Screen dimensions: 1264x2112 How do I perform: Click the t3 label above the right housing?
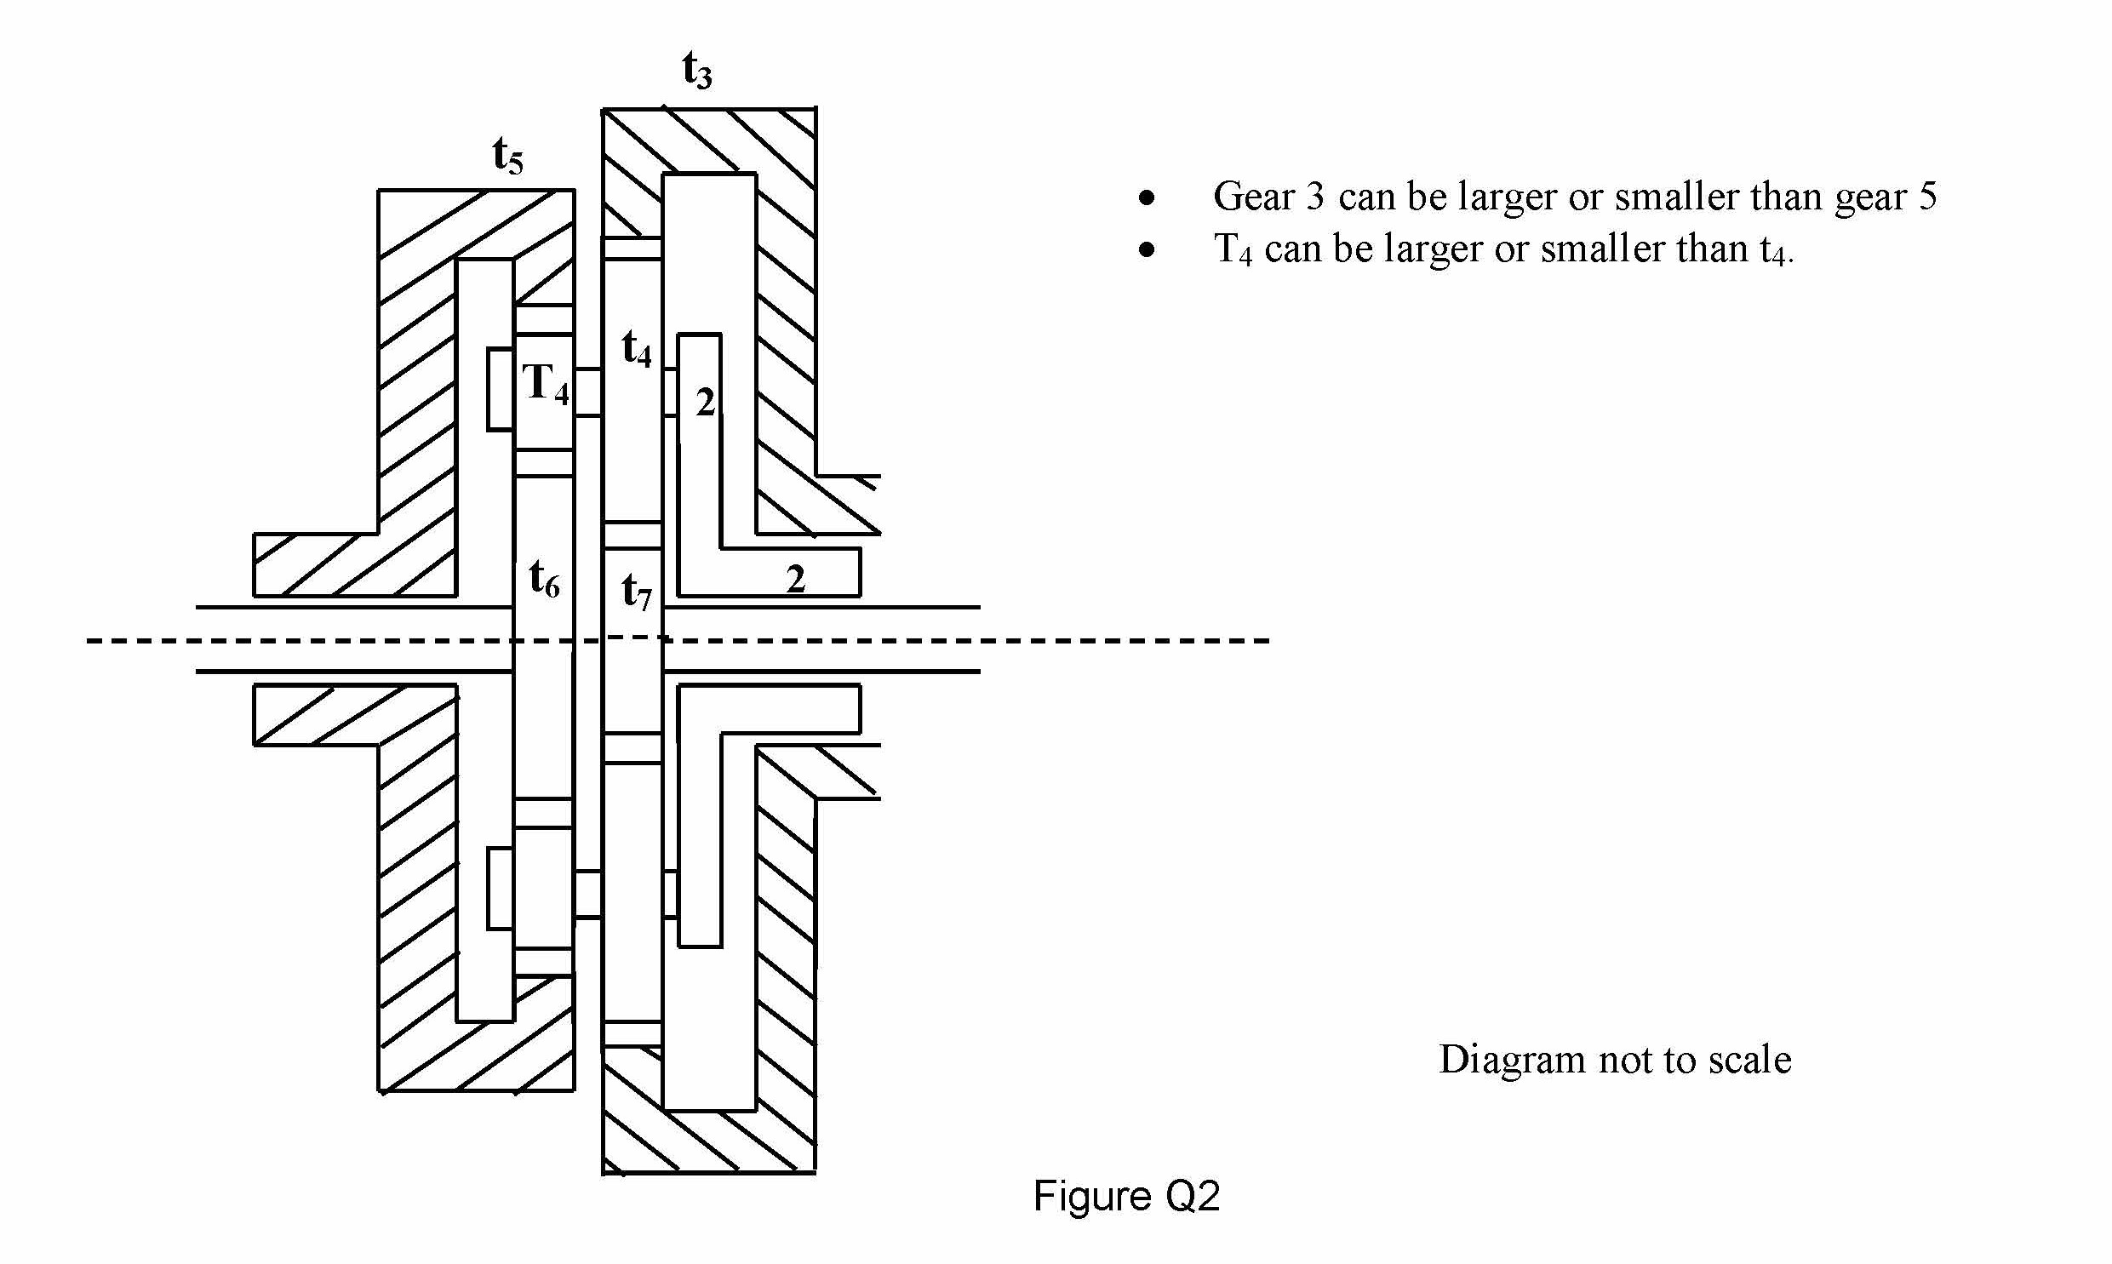(x=696, y=70)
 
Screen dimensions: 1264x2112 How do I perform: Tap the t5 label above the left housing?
(x=507, y=157)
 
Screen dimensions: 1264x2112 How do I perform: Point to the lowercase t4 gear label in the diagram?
(x=636, y=349)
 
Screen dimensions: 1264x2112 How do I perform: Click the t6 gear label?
(x=544, y=579)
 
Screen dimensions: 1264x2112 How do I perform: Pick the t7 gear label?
(x=636, y=591)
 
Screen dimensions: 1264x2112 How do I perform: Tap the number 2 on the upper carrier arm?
(x=705, y=402)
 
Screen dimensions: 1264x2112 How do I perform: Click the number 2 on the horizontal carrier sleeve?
(x=795, y=580)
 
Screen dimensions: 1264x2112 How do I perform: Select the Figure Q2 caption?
(x=1127, y=1196)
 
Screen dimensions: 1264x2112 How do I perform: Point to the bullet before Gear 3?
(x=1148, y=198)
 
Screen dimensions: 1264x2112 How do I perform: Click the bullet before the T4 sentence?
(x=1148, y=249)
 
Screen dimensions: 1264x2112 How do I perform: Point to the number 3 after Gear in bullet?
(x=1315, y=197)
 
